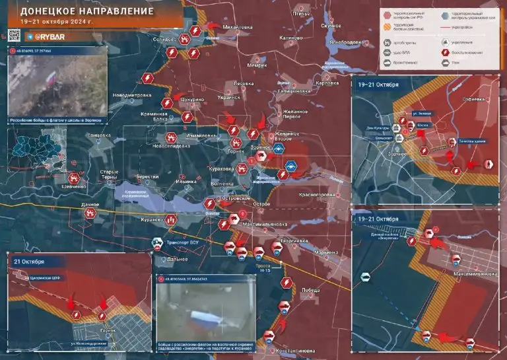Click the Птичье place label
[x=301, y=13]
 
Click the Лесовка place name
[x=244, y=84]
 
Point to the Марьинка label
[x=327, y=252]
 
